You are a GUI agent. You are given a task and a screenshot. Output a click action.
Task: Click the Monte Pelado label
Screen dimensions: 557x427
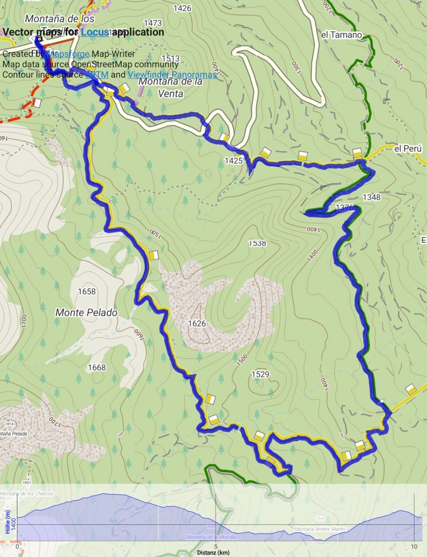(87, 313)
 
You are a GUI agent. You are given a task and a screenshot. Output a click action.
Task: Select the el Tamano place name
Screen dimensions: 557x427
(341, 35)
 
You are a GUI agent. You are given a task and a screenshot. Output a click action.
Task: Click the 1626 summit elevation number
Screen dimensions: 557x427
(197, 324)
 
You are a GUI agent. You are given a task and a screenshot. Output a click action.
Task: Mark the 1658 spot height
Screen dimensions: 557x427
(87, 292)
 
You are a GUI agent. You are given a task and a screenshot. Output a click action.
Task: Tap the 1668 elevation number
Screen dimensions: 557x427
(96, 368)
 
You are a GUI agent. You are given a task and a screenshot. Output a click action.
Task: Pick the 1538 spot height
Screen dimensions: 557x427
(257, 243)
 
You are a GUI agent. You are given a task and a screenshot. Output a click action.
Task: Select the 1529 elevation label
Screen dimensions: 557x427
(260, 374)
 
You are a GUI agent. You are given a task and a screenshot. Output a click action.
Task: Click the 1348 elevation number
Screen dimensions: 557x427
(371, 197)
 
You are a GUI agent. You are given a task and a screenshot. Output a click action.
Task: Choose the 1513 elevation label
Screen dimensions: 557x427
(170, 59)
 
